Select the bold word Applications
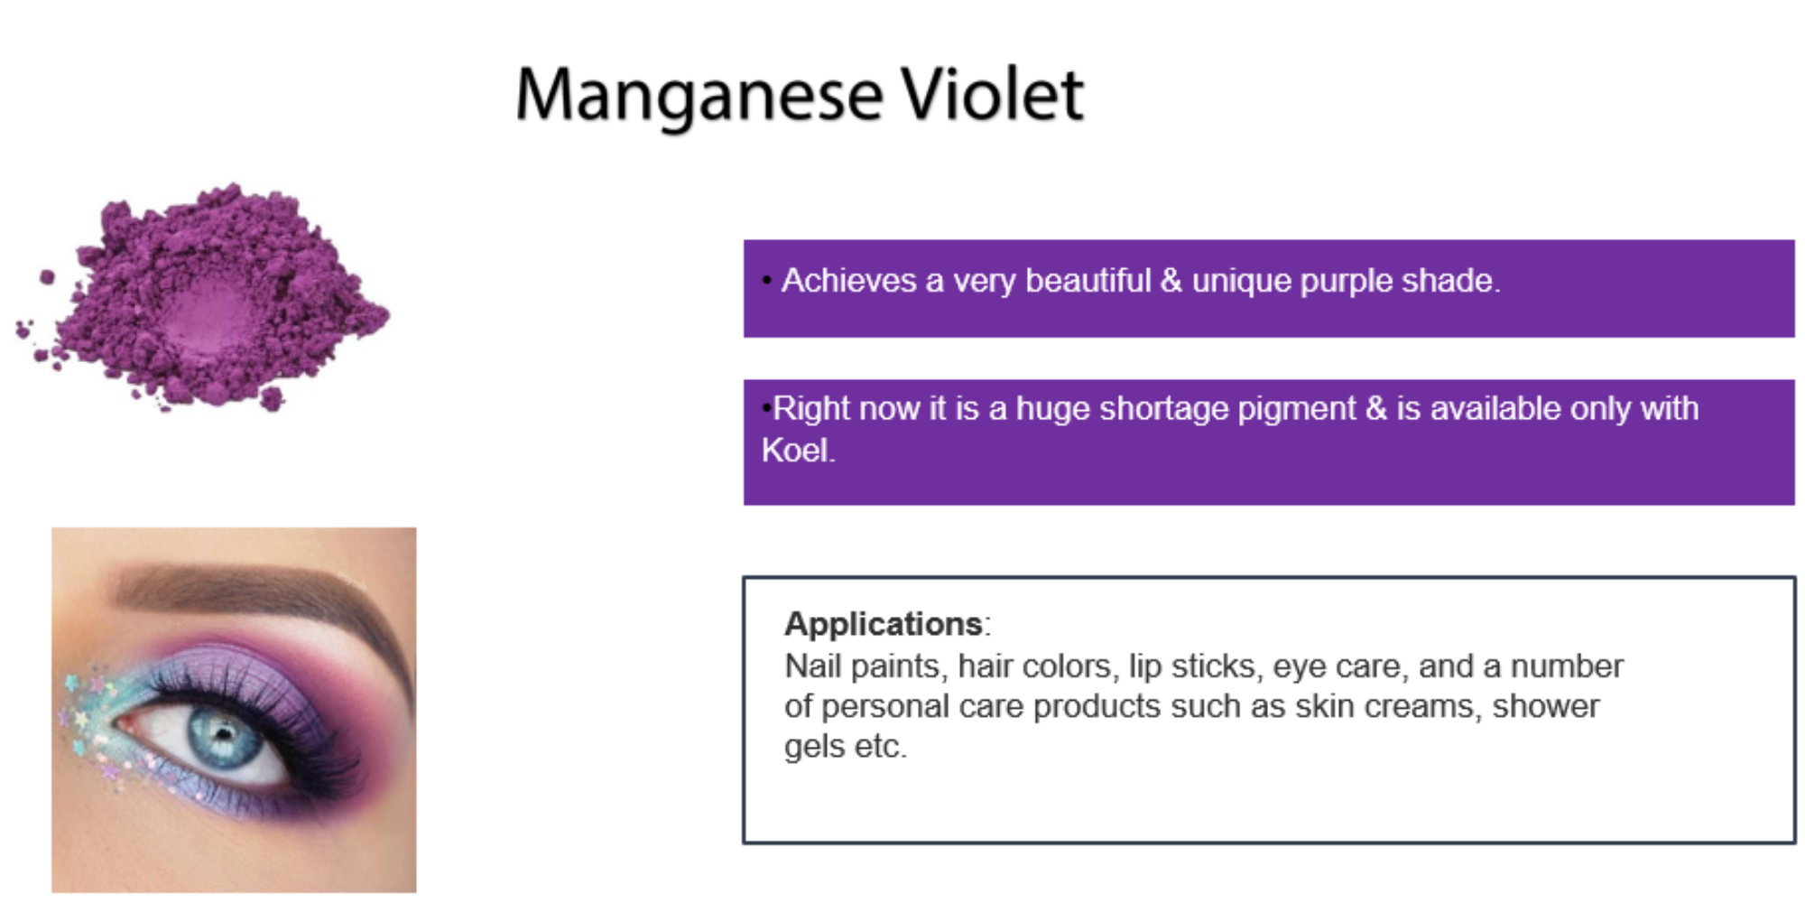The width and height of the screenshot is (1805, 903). coord(883,624)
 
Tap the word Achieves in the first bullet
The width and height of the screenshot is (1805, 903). coord(848,281)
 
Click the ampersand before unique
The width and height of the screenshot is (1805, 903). coord(1171,281)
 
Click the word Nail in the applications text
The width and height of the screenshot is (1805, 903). coord(812,666)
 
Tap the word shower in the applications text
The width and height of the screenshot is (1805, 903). coord(1545,706)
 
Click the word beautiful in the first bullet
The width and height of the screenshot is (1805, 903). coord(1088,281)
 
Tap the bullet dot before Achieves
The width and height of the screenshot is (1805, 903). coord(766,281)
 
